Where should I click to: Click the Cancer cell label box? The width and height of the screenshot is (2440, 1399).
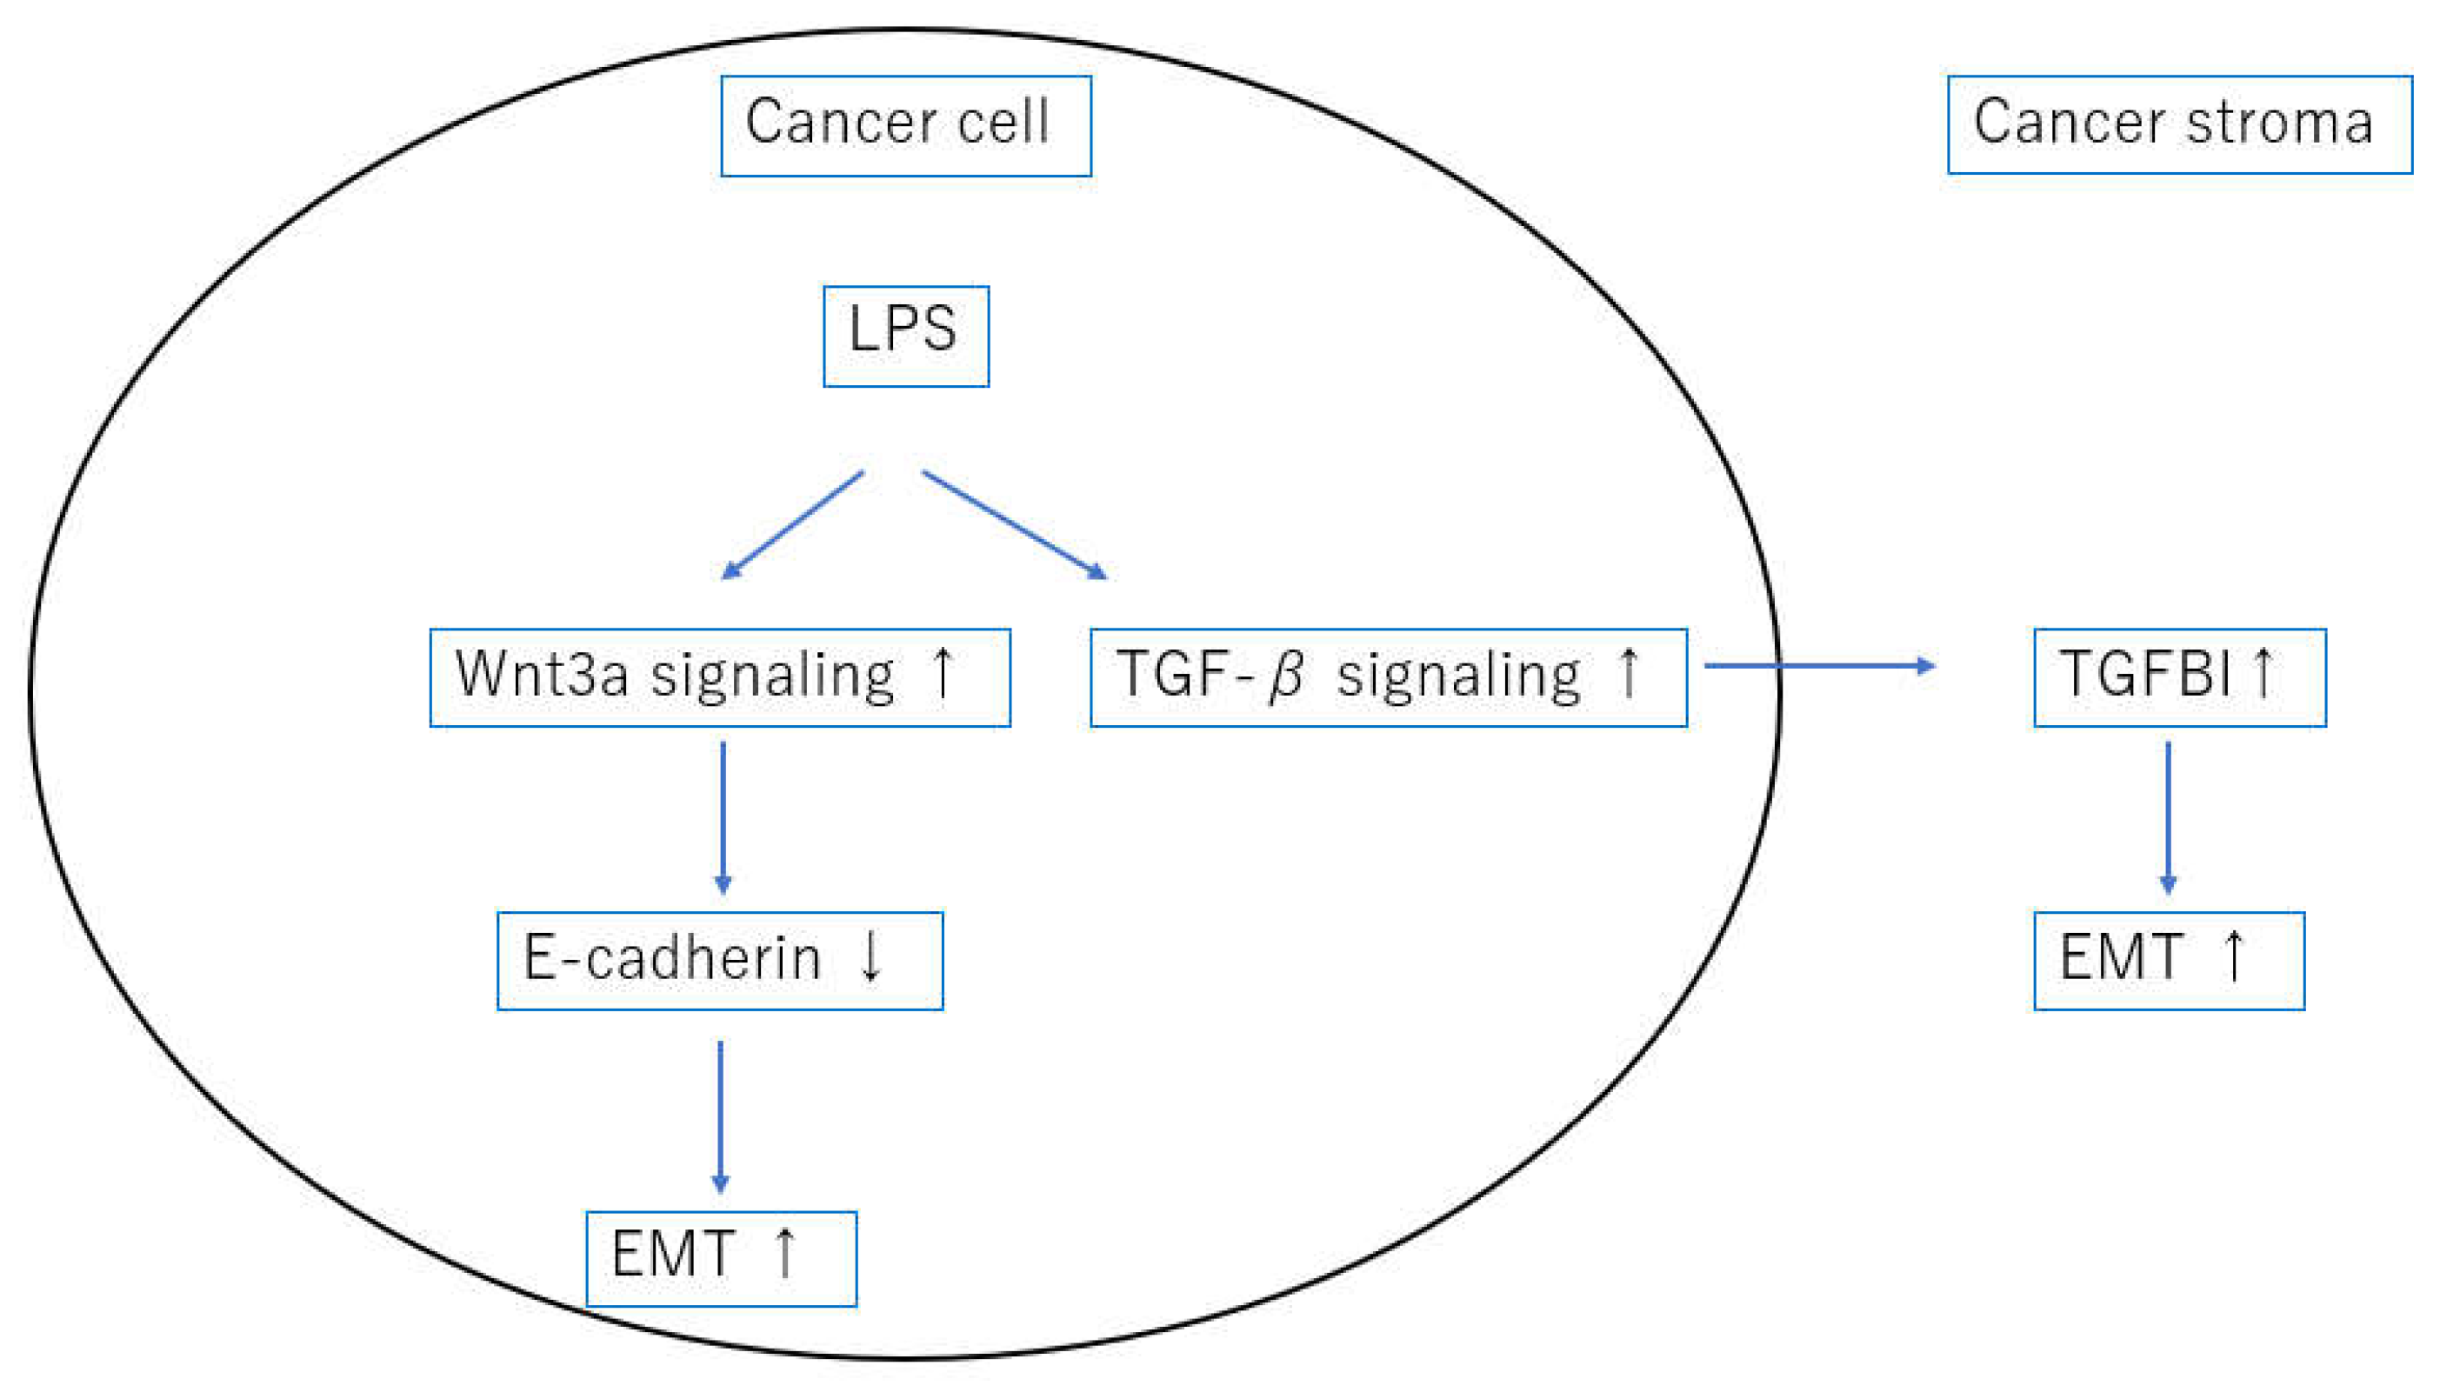[905, 126]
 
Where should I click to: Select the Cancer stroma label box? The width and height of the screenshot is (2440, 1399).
[2179, 125]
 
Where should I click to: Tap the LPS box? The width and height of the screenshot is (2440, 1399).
[905, 336]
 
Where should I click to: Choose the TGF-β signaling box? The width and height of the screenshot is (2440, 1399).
[1388, 677]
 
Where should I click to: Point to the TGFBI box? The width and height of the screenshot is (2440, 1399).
[2179, 677]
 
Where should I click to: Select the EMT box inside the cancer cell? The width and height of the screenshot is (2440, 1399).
[721, 1258]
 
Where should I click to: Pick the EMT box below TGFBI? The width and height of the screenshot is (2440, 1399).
[2168, 961]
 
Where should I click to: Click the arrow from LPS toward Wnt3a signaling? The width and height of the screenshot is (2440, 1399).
[792, 524]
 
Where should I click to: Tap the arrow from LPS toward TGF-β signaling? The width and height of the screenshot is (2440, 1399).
[1015, 524]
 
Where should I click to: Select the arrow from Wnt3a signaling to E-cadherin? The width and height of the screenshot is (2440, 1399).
[723, 816]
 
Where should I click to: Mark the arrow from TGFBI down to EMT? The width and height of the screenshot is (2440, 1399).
[2167, 816]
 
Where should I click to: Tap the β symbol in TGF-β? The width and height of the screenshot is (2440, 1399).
[1286, 676]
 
